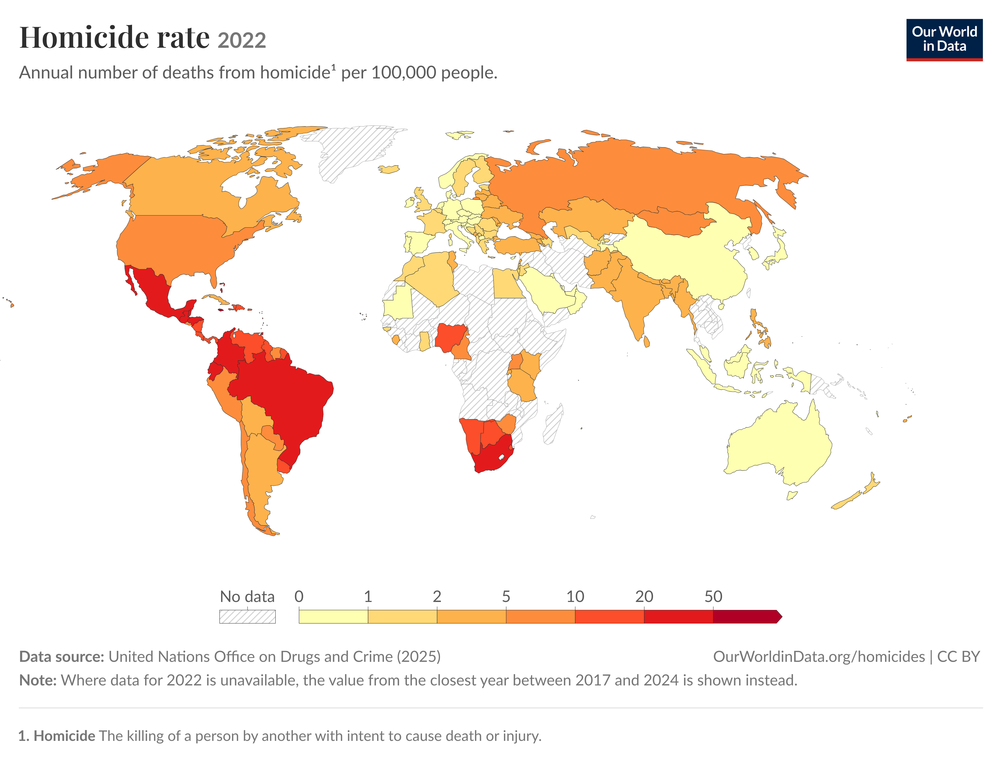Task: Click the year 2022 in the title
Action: click(241, 40)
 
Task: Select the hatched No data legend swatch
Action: click(247, 616)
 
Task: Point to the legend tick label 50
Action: click(713, 596)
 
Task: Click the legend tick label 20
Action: click(644, 596)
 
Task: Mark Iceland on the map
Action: click(389, 169)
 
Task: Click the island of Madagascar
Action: click(554, 425)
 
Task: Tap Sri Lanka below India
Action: click(646, 341)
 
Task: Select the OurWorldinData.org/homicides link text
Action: click(819, 657)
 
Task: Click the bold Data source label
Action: click(62, 657)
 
